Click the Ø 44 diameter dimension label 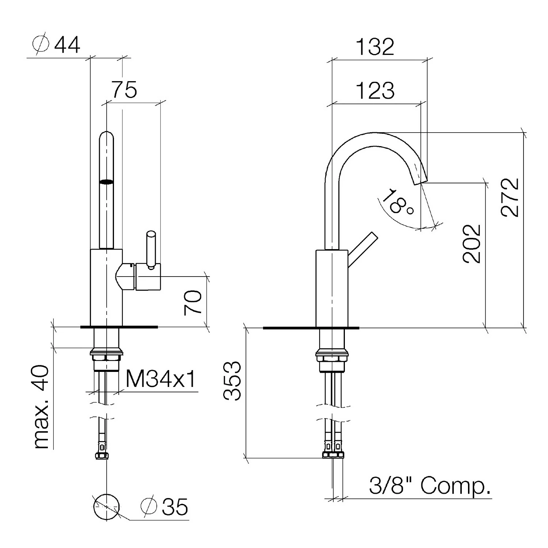coord(56,45)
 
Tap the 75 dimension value coord(125,90)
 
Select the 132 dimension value coord(375,46)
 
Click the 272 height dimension coord(510,197)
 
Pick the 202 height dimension coord(471,244)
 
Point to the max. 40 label coord(41,407)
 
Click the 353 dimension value coord(232,381)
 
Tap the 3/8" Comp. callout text coord(430,486)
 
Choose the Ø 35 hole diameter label coord(164,507)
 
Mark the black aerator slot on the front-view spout coord(107,182)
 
